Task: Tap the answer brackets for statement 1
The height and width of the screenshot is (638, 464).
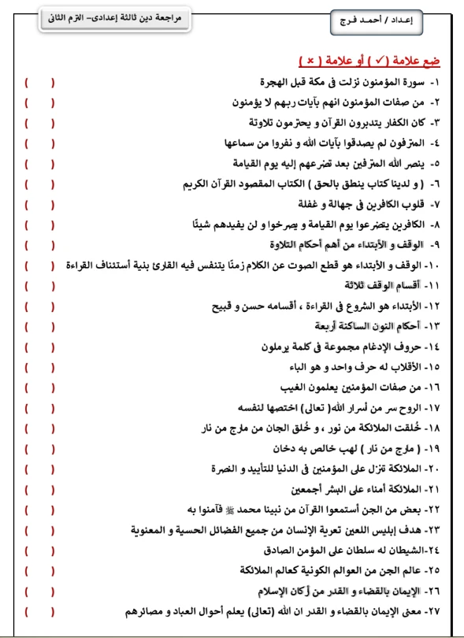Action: coord(39,81)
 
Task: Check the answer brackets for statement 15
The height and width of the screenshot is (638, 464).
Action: coord(39,366)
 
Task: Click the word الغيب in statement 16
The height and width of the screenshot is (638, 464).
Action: coord(296,387)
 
